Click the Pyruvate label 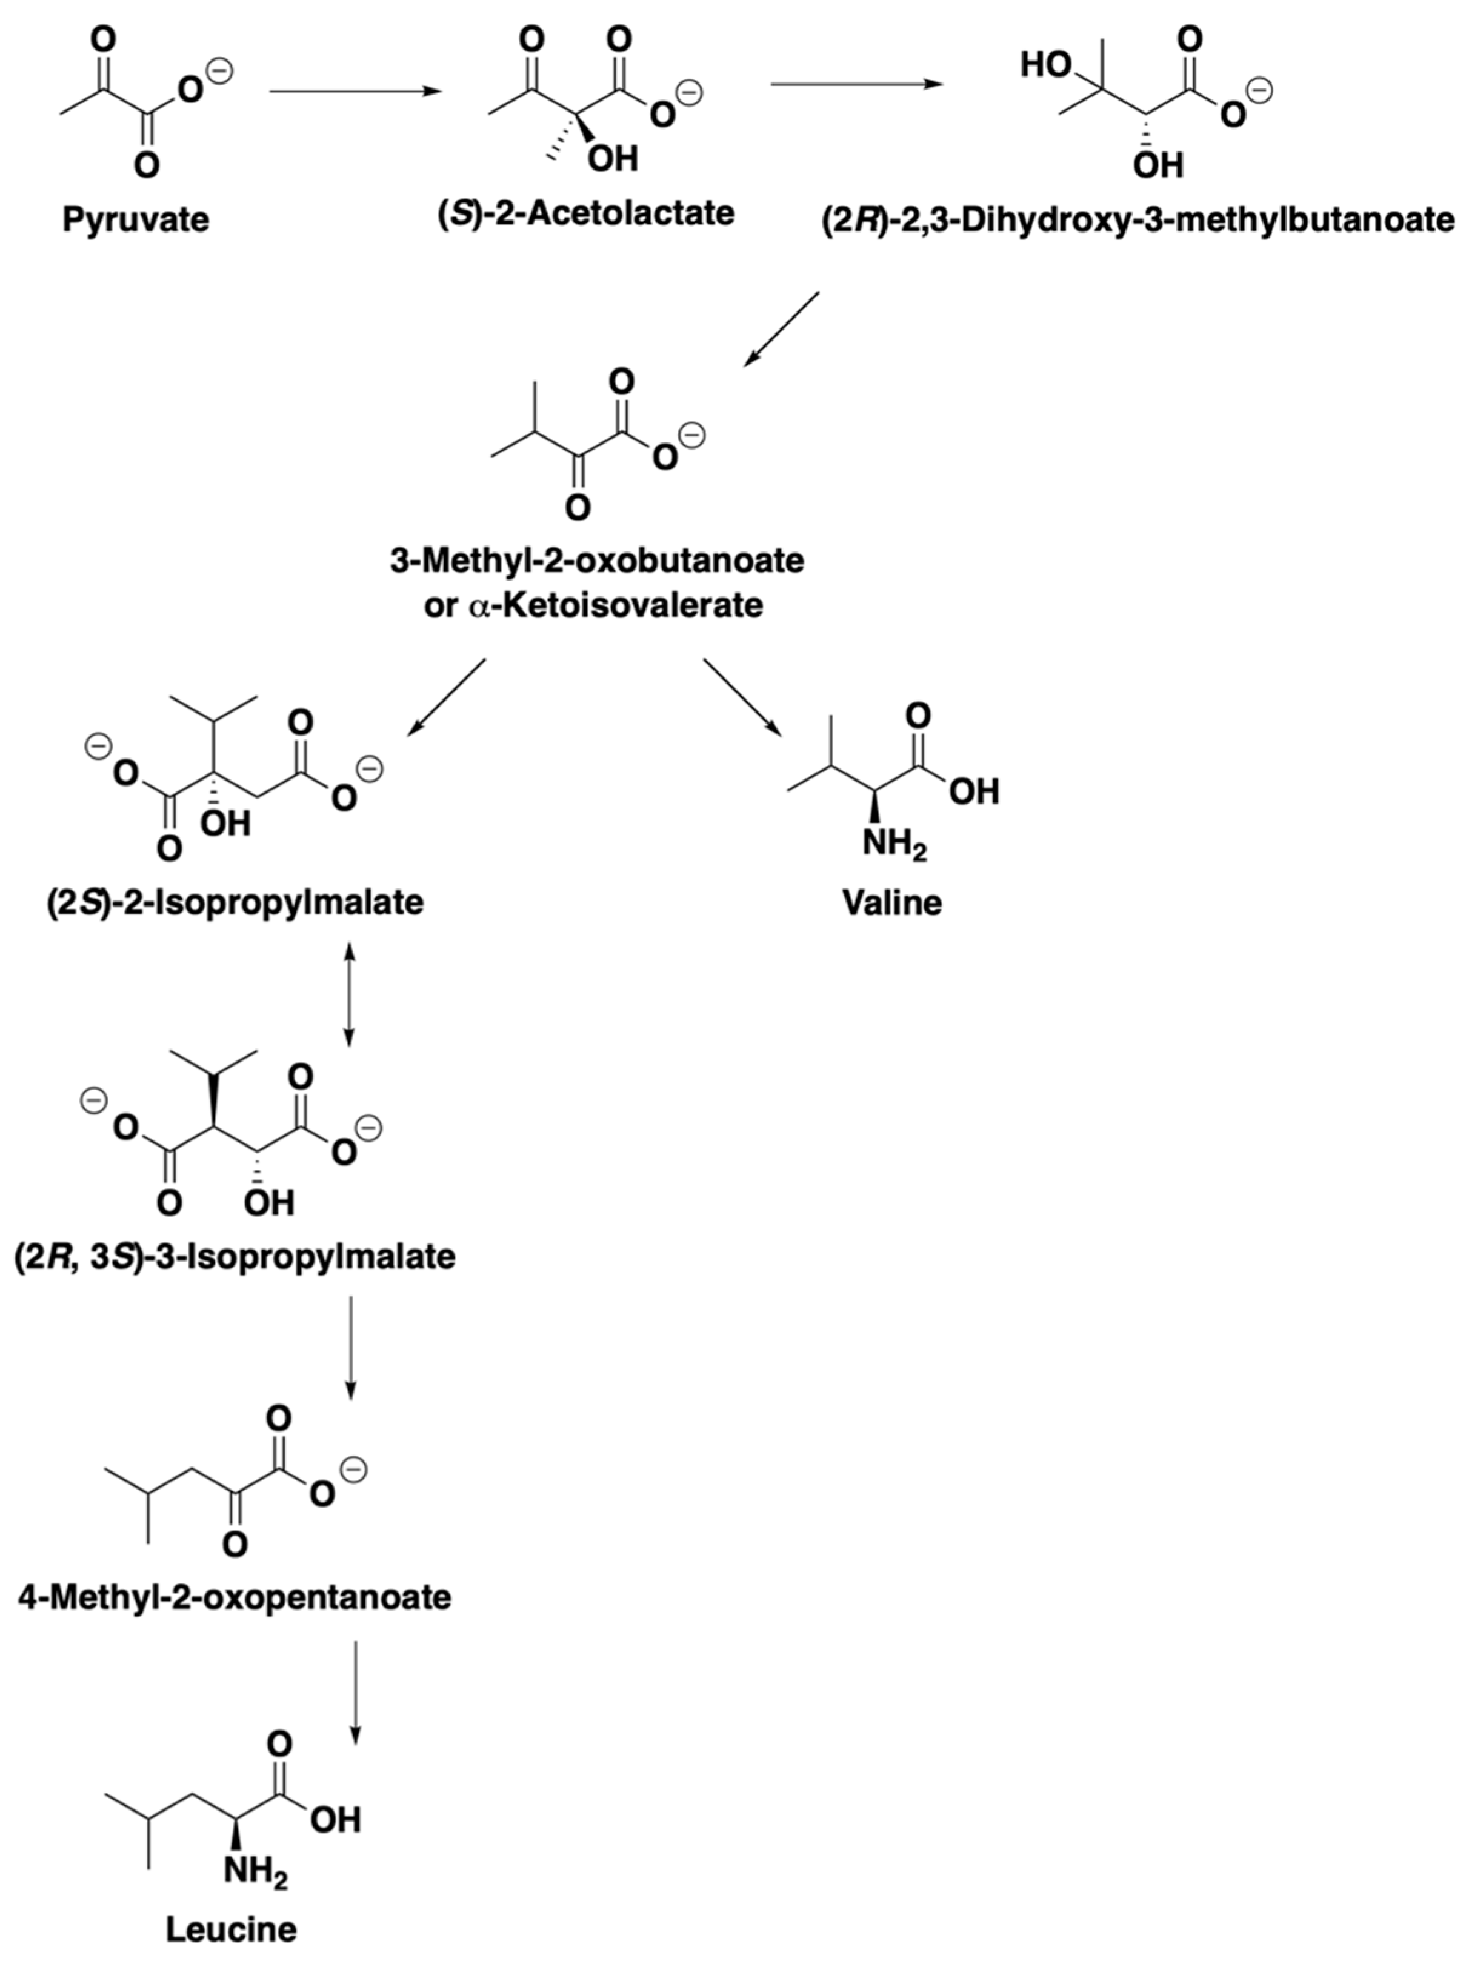tap(135, 219)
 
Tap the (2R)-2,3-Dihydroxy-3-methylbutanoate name tap(1138, 219)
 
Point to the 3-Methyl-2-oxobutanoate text tap(597, 561)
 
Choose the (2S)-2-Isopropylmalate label tap(235, 902)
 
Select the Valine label tap(891, 902)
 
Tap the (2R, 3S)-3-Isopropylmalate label tap(235, 1256)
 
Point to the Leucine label tap(231, 1928)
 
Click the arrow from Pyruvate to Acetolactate tap(355, 90)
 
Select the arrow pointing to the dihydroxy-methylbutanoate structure tap(856, 84)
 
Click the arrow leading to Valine tap(742, 697)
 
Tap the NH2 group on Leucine tap(256, 1872)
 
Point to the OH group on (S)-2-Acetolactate tap(613, 158)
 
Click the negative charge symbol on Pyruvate tap(219, 71)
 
